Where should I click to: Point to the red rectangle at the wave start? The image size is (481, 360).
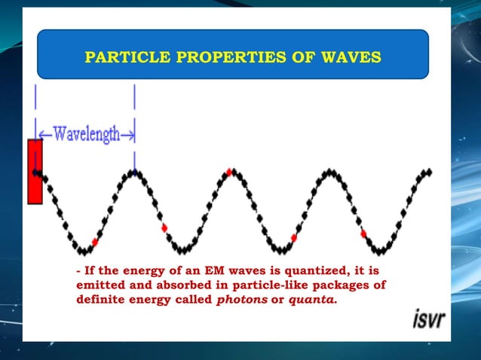(35, 172)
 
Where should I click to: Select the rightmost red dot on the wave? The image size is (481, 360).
(363, 234)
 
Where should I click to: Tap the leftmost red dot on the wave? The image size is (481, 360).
(94, 242)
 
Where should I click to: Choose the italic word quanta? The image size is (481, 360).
(311, 299)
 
